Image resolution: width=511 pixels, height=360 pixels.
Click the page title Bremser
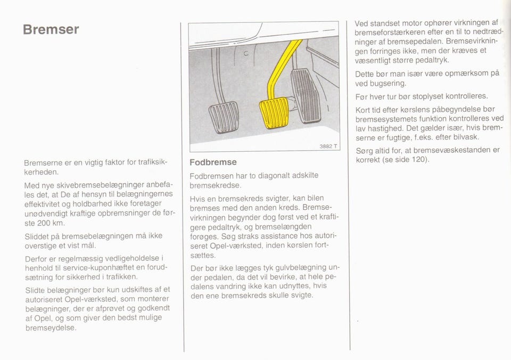point(51,29)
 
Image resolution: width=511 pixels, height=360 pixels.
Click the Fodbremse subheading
point(213,162)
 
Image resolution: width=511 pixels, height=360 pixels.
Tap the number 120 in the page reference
point(418,159)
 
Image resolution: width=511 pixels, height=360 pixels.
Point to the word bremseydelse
point(51,328)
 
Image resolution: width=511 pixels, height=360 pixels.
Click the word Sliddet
point(37,236)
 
